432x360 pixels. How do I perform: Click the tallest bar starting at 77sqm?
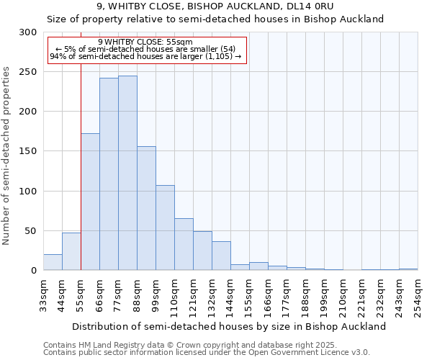pyautogui.click(x=127, y=173)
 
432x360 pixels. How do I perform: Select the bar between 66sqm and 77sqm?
pyautogui.click(x=109, y=174)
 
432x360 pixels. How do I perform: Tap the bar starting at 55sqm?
pyautogui.click(x=90, y=202)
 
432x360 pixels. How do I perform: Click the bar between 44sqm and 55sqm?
pyautogui.click(x=71, y=251)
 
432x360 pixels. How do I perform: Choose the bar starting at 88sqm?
pyautogui.click(x=146, y=208)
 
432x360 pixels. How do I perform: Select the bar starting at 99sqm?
pyautogui.click(x=165, y=228)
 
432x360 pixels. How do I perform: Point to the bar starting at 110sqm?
pyautogui.click(x=184, y=244)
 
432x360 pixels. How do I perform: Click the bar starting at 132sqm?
pyautogui.click(x=221, y=256)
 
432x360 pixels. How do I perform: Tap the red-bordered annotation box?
pyautogui.click(x=147, y=50)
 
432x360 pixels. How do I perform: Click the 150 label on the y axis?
pyautogui.click(x=27, y=151)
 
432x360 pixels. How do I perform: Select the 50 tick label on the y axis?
pyautogui.click(x=30, y=231)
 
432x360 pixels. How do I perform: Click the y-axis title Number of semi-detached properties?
pyautogui.click(x=7, y=156)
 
